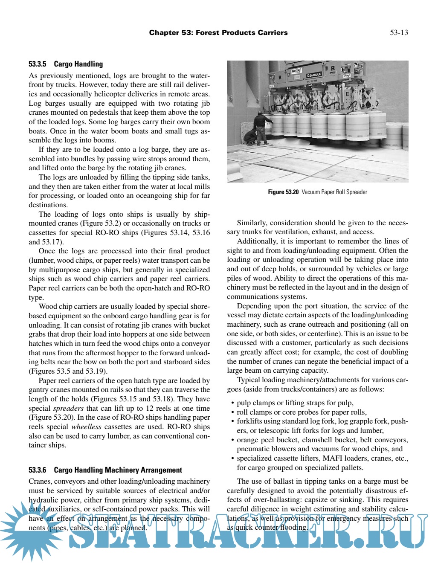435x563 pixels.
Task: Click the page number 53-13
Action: (399, 32)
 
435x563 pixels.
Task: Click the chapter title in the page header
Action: (218, 32)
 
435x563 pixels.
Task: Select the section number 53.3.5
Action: (37, 64)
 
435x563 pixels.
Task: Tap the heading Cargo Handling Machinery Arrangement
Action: (118, 470)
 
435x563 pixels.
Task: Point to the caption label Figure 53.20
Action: (283, 192)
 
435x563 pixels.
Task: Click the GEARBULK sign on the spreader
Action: (314, 75)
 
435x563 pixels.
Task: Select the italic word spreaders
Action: (68, 408)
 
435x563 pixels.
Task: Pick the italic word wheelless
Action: (87, 427)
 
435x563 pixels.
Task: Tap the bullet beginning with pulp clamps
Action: (294, 403)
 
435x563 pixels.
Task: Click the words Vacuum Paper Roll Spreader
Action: (334, 192)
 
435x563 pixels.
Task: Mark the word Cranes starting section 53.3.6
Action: (40, 481)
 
